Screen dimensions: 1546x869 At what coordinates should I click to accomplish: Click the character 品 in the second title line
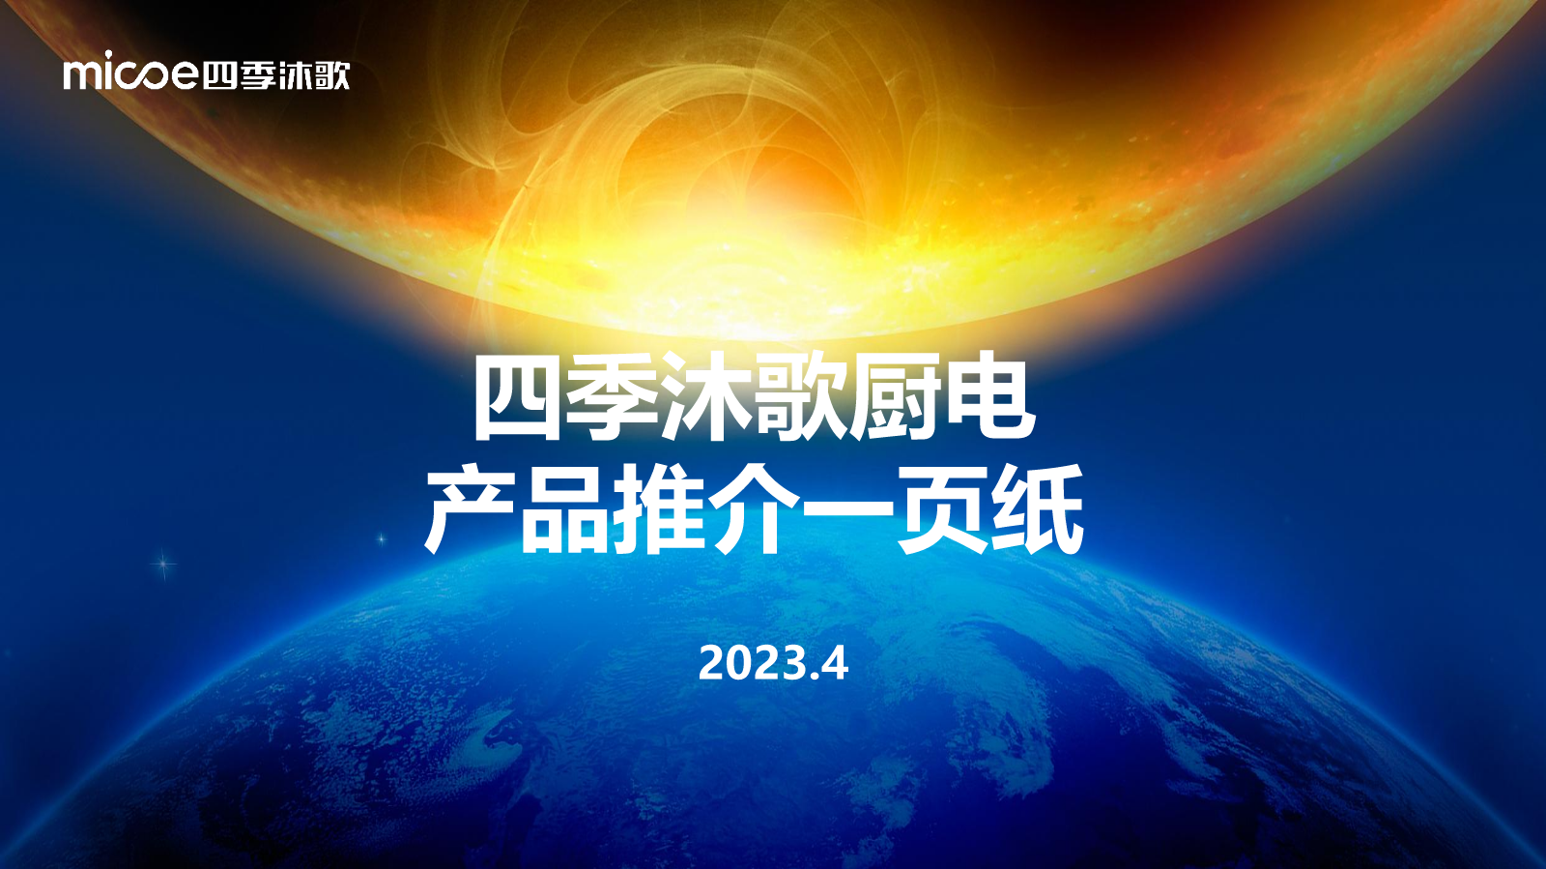point(563,510)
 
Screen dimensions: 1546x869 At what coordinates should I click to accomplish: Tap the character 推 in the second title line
point(657,510)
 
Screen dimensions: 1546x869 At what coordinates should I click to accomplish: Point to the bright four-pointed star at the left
point(163,565)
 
